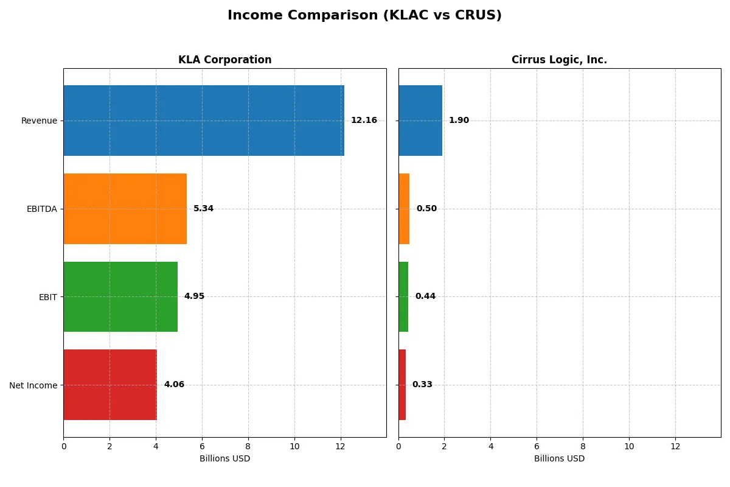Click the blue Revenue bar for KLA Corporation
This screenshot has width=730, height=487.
(x=204, y=121)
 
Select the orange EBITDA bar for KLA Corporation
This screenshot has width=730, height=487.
(x=125, y=209)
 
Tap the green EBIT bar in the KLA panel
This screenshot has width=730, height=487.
(x=120, y=296)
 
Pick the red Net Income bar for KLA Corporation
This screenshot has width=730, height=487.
(x=110, y=385)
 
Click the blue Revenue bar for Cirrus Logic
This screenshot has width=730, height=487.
(x=420, y=121)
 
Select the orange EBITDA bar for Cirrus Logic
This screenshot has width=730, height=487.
(x=404, y=209)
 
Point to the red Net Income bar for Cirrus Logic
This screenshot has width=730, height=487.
(x=402, y=385)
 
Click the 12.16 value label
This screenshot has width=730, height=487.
(x=364, y=121)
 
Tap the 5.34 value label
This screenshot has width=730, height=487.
(x=203, y=209)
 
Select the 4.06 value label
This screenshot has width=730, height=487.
(x=174, y=385)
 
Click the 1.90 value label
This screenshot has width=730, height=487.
(x=459, y=121)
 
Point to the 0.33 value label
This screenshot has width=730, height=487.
(x=422, y=385)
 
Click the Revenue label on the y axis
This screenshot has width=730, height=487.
(x=39, y=121)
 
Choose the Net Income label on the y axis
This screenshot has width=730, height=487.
(x=33, y=385)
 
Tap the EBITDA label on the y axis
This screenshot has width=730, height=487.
(x=41, y=209)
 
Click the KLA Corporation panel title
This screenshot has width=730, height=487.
(x=224, y=60)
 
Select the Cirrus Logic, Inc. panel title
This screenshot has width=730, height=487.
(x=559, y=60)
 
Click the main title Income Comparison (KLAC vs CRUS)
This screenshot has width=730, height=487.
(x=364, y=15)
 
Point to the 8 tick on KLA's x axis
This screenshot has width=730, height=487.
(x=248, y=446)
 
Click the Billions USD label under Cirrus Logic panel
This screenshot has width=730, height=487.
(x=559, y=458)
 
